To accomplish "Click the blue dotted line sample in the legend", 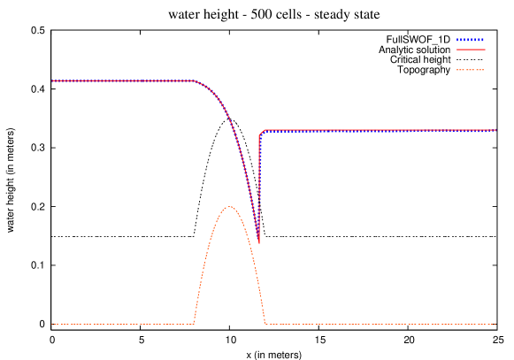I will pyautogui.click(x=471, y=40).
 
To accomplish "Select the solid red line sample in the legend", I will pyautogui.click(x=471, y=50).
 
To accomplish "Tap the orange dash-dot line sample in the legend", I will pyautogui.click(x=471, y=69).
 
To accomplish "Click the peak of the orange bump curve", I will pyautogui.click(x=229, y=207).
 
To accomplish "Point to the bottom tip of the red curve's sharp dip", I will pyautogui.click(x=258, y=242).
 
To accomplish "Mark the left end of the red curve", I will pyautogui.click(x=51, y=80).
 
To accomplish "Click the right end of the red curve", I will pyautogui.click(x=495, y=130).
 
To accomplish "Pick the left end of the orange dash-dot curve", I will pyautogui.click(x=51, y=324).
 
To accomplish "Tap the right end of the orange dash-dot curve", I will pyautogui.click(x=495, y=324).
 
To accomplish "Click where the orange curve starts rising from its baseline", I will pyautogui.click(x=194, y=324).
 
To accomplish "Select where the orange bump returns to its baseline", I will pyautogui.click(x=265, y=324).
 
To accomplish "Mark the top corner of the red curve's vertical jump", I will pyautogui.click(x=260, y=134).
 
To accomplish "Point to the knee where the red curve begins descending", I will pyautogui.click(x=194, y=81).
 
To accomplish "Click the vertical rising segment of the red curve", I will pyautogui.click(x=259, y=186).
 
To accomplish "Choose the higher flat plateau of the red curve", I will pyautogui.click(x=124, y=80).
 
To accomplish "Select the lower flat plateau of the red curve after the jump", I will pyautogui.click(x=380, y=130).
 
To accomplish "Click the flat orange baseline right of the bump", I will pyautogui.click(x=380, y=324).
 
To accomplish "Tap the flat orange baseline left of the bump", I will pyautogui.click(x=124, y=324).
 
